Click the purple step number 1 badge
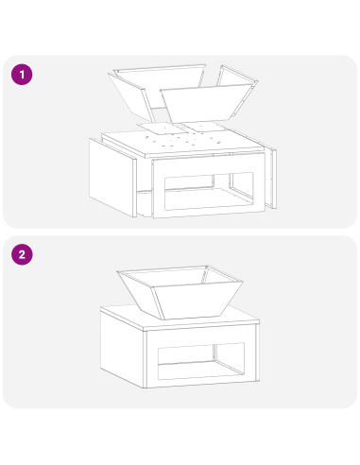(x=22, y=75)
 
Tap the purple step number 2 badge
(x=22, y=254)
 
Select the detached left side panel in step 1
(x=112, y=178)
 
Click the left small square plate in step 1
(x=163, y=128)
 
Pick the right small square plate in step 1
(x=204, y=127)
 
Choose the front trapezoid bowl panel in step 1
(x=206, y=103)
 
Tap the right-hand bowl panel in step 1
(x=237, y=91)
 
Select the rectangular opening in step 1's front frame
(x=209, y=191)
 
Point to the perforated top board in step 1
(x=182, y=143)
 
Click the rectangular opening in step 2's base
(x=201, y=361)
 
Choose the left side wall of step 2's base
(x=122, y=348)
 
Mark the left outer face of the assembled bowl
(x=141, y=295)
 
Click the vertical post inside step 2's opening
(x=214, y=353)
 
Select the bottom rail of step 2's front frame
(x=201, y=383)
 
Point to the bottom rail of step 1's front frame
(x=209, y=214)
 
